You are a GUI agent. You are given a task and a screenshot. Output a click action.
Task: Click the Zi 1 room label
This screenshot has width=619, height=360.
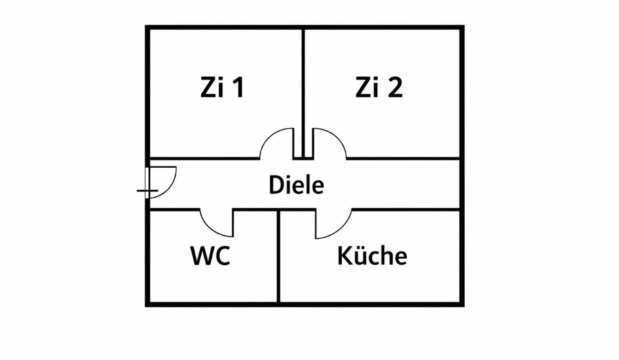point(221,88)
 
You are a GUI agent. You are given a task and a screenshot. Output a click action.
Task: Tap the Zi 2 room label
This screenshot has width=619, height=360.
point(378,88)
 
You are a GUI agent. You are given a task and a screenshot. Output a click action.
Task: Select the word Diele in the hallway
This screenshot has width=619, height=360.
point(296,186)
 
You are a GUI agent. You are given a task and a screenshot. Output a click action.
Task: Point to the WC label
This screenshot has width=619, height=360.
point(210,257)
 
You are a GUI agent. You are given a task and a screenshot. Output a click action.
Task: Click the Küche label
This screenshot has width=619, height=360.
point(372,256)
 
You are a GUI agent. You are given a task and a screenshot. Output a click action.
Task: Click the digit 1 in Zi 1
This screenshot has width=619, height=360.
point(238,88)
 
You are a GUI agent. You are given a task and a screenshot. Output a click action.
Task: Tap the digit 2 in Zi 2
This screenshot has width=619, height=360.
point(395,88)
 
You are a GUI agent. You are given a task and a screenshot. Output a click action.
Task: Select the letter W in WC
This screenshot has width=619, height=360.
point(201,257)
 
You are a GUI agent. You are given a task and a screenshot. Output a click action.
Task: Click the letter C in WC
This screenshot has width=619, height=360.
point(222,257)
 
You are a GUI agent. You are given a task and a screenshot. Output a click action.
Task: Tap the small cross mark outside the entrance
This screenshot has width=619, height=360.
point(147,192)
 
